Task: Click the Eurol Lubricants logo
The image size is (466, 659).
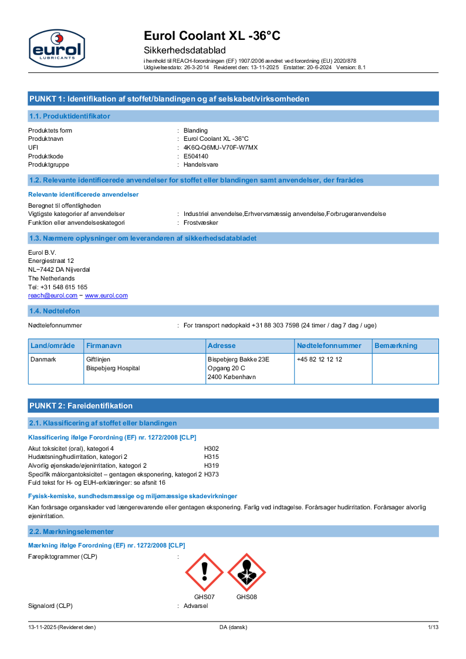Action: click(56, 47)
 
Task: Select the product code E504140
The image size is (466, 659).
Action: click(195, 156)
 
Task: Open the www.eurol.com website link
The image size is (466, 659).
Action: click(106, 296)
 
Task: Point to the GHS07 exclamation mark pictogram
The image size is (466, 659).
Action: click(204, 572)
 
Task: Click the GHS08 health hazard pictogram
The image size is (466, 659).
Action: click(246, 572)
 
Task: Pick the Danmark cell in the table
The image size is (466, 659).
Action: click(43, 359)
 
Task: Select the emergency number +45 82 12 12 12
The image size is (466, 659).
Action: click(319, 359)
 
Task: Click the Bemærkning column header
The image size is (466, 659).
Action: click(396, 346)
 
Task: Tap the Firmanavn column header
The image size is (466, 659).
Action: click(104, 346)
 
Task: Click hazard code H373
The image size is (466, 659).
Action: click(211, 474)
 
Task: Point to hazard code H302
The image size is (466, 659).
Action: click(211, 448)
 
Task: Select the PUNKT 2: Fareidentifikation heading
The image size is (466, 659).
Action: click(81, 405)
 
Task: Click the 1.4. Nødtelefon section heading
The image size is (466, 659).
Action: click(55, 310)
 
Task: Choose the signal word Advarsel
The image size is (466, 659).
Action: click(195, 606)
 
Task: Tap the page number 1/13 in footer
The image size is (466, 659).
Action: click(433, 627)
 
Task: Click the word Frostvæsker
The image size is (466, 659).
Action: click(201, 223)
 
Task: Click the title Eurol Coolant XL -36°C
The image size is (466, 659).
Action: click(212, 36)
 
